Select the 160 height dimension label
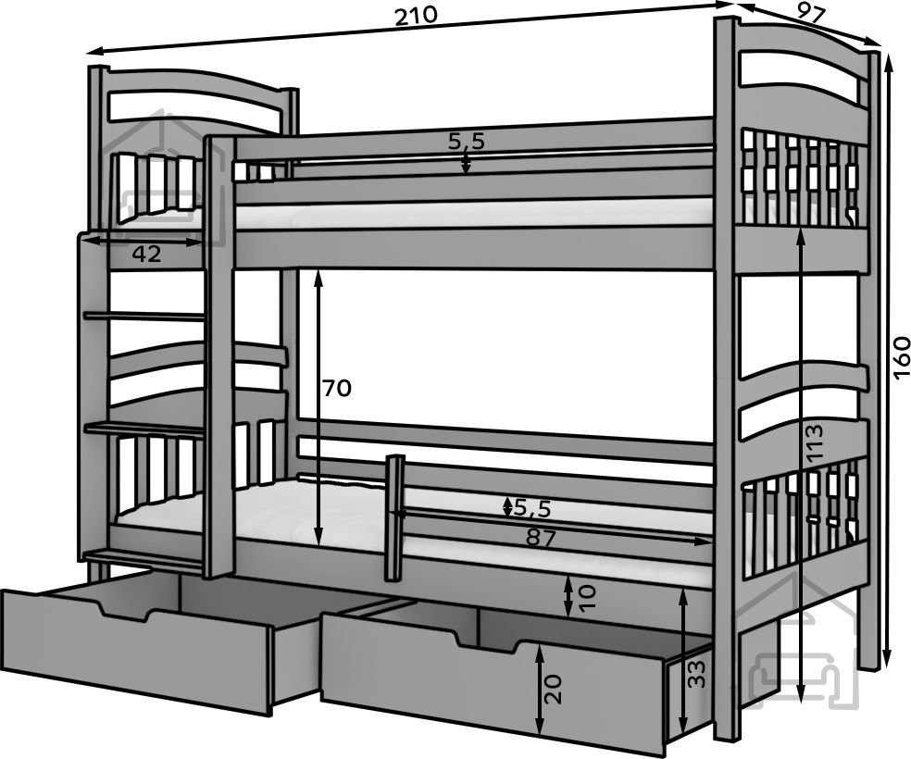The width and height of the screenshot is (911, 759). pos(902,357)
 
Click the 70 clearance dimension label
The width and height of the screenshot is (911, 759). pos(337,388)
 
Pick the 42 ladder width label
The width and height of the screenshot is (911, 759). pos(146,255)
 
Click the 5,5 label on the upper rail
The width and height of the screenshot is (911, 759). pos(467,141)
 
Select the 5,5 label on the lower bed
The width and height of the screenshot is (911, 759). pos(532,507)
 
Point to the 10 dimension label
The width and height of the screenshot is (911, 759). pos(586,597)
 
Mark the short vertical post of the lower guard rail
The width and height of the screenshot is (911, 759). pos(395,515)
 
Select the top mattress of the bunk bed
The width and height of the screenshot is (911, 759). pos(472,216)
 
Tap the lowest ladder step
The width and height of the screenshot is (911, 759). pos(144,555)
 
